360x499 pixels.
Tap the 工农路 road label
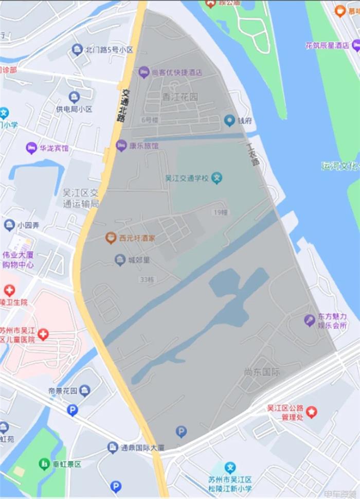252,153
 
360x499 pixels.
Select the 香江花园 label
180,97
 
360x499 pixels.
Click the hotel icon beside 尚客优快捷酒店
144,72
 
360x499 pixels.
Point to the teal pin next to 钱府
229,120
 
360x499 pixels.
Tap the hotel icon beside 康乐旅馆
121,146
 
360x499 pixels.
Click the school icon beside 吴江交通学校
218,179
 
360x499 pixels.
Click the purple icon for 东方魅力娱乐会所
309,320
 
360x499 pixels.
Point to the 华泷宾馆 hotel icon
31,148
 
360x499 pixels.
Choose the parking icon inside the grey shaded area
181,432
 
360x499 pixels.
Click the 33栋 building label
147,280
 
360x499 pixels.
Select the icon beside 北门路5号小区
78,49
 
